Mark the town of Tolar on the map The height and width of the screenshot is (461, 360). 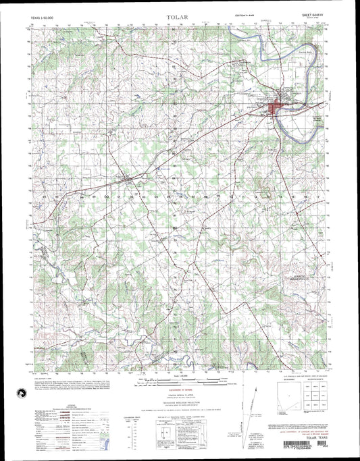coord(128,179)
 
